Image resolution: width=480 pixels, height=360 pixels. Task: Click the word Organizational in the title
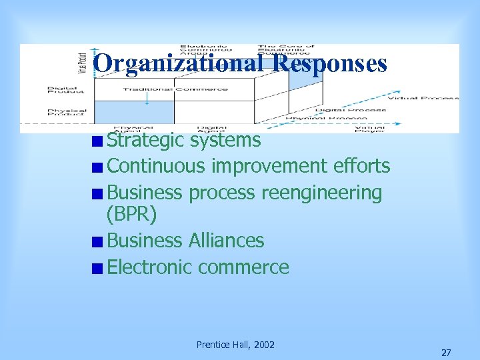tap(173, 63)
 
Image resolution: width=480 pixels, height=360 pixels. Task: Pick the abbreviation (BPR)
tap(132, 214)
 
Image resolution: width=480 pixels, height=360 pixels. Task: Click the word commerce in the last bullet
tap(243, 268)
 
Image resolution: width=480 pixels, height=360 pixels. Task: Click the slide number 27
tap(446, 352)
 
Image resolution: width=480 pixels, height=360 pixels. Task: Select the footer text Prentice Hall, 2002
tap(235, 345)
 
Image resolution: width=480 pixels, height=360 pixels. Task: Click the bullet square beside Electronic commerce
tap(98, 269)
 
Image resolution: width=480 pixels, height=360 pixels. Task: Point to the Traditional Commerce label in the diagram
tap(175, 89)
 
